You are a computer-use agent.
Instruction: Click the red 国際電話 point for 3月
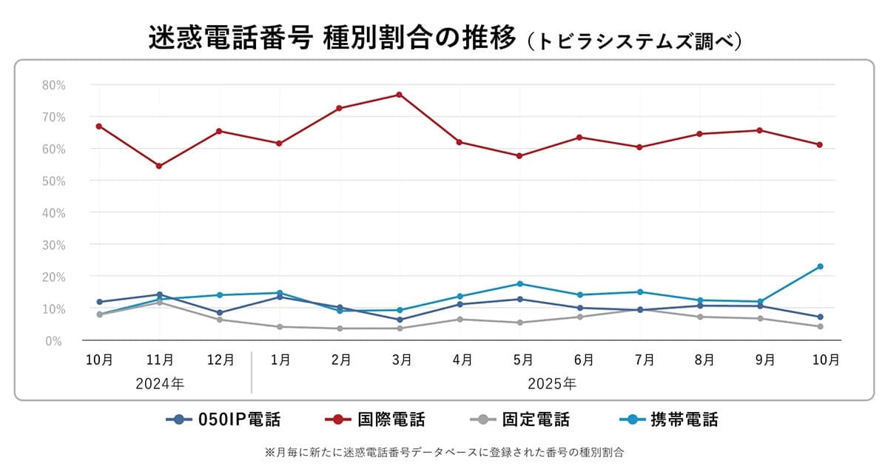tap(399, 95)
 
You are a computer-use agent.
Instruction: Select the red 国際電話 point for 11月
tap(159, 166)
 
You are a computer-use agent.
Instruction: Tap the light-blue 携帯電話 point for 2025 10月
tap(820, 266)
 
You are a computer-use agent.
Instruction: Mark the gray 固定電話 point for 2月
tap(339, 328)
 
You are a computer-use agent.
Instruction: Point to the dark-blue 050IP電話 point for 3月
tap(400, 320)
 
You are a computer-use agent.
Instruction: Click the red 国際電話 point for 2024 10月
tap(99, 126)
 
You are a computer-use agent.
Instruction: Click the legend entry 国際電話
tap(375, 420)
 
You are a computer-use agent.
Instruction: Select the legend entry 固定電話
tap(520, 420)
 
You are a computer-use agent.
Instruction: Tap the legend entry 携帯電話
tap(668, 420)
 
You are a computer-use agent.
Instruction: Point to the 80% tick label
tap(54, 85)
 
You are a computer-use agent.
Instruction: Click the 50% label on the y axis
tap(54, 180)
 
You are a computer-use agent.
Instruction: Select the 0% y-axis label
tap(57, 341)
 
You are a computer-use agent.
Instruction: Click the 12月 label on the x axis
tap(220, 360)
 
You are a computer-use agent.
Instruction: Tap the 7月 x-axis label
tap(644, 360)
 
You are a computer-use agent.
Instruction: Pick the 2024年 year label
tap(160, 384)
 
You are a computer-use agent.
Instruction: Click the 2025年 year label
tap(552, 384)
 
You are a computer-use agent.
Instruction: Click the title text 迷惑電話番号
tap(229, 38)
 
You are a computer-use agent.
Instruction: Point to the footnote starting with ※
tap(444, 450)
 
